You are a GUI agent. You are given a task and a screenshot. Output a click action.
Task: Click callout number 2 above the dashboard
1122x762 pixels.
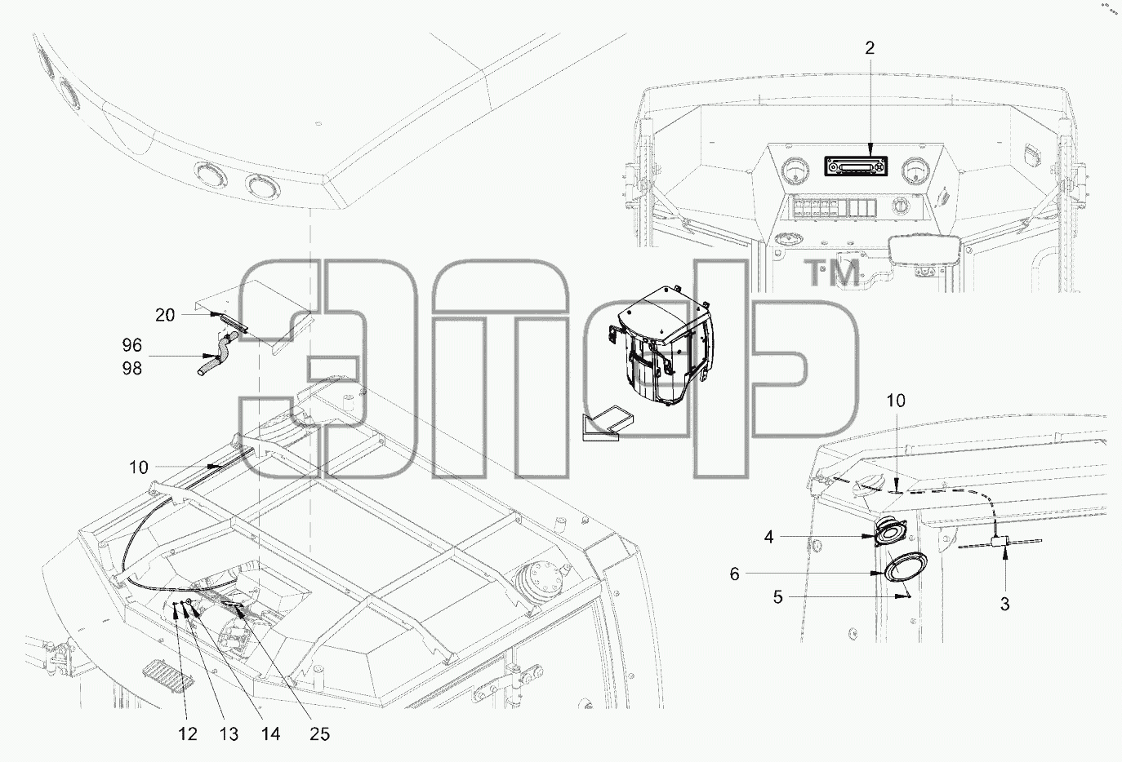pos(870,48)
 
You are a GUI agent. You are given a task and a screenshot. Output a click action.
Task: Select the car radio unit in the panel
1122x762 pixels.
pos(856,166)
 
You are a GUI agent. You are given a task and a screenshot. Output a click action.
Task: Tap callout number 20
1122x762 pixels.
pos(165,315)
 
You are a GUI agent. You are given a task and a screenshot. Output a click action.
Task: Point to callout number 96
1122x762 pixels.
pos(132,345)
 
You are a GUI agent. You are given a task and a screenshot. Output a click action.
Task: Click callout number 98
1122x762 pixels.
pos(132,369)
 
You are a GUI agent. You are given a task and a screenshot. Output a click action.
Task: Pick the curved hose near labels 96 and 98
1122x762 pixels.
pos(217,352)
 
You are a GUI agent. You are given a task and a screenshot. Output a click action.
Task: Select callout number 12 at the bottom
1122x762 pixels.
pos(188,734)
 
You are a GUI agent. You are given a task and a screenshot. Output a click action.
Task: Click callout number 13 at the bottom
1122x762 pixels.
pos(229,734)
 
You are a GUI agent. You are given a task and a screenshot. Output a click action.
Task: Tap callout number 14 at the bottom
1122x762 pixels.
pos(270,734)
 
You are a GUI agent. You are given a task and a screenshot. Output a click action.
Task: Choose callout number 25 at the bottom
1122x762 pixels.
pos(319,734)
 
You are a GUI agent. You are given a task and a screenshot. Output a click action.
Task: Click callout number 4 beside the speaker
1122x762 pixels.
pos(769,538)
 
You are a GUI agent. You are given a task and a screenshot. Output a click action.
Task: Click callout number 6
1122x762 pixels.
pos(734,574)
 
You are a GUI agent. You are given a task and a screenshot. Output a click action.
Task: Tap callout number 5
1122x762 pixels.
pos(777,597)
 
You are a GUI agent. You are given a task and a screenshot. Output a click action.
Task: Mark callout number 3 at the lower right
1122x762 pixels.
pos(1004,605)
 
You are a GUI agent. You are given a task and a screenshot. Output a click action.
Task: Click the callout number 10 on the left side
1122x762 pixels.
pos(139,467)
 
